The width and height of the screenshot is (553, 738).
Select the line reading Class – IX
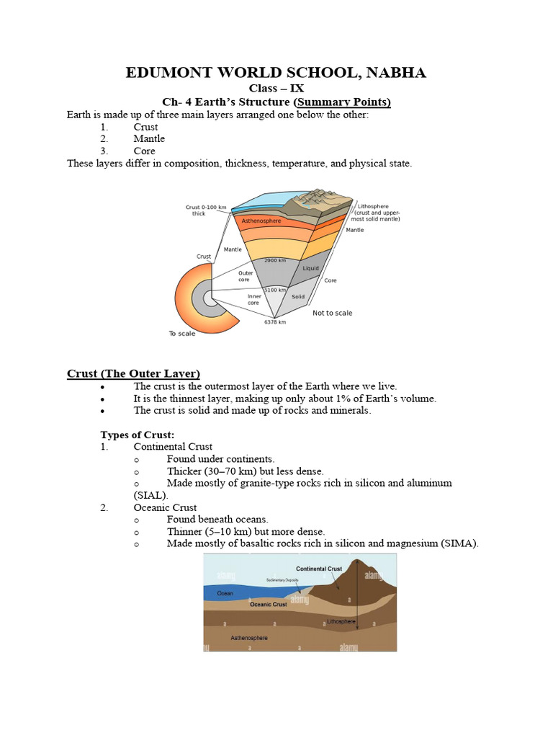coord(276,89)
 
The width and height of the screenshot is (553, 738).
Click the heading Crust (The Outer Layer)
coord(133,373)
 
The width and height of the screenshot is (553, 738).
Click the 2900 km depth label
coord(276,260)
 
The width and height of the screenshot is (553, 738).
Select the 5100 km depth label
coord(274,290)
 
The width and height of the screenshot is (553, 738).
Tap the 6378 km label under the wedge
coord(274,322)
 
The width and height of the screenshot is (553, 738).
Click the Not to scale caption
coord(332,313)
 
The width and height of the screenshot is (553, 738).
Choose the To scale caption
coord(182,334)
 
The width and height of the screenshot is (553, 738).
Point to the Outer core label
coord(248,276)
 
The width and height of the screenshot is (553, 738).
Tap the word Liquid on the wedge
coord(310,268)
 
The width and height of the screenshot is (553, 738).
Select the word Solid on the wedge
coord(298,296)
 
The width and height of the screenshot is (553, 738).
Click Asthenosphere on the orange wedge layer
coord(261,221)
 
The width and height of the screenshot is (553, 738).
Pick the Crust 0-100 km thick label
coord(206,210)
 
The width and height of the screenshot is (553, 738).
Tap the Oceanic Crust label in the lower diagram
coord(268,604)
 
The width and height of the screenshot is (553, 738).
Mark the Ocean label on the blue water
coord(225,593)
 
